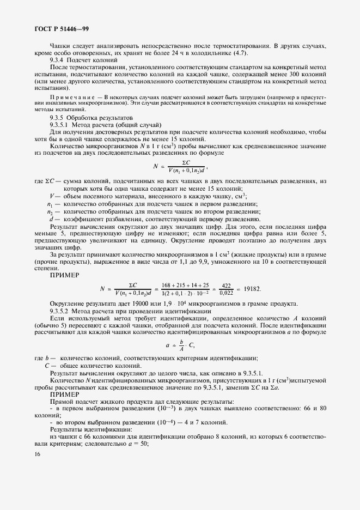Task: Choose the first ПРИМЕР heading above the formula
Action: pos(64,275)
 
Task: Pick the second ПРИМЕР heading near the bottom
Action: pos(64,393)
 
